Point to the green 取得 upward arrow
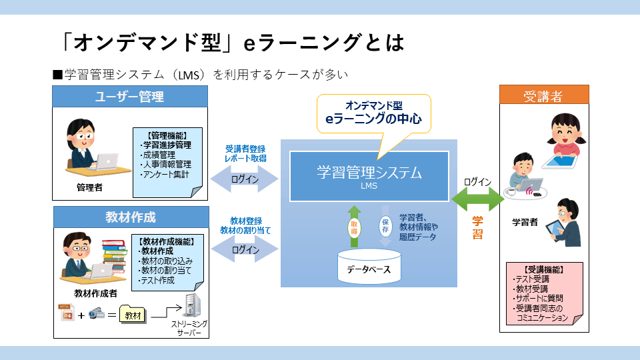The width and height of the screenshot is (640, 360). pyautogui.click(x=353, y=226)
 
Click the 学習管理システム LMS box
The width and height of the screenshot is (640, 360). pyautogui.click(x=369, y=176)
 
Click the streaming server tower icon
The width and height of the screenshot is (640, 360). pyautogui.click(x=192, y=306)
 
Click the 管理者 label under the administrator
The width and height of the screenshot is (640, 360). pyautogui.click(x=89, y=188)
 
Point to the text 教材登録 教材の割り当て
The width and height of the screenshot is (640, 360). pyautogui.click(x=245, y=225)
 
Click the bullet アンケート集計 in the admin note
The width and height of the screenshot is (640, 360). pyautogui.click(x=165, y=175)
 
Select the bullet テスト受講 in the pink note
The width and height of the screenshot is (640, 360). pyautogui.click(x=531, y=279)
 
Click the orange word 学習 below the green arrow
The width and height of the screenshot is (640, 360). pyautogui.click(x=477, y=227)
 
